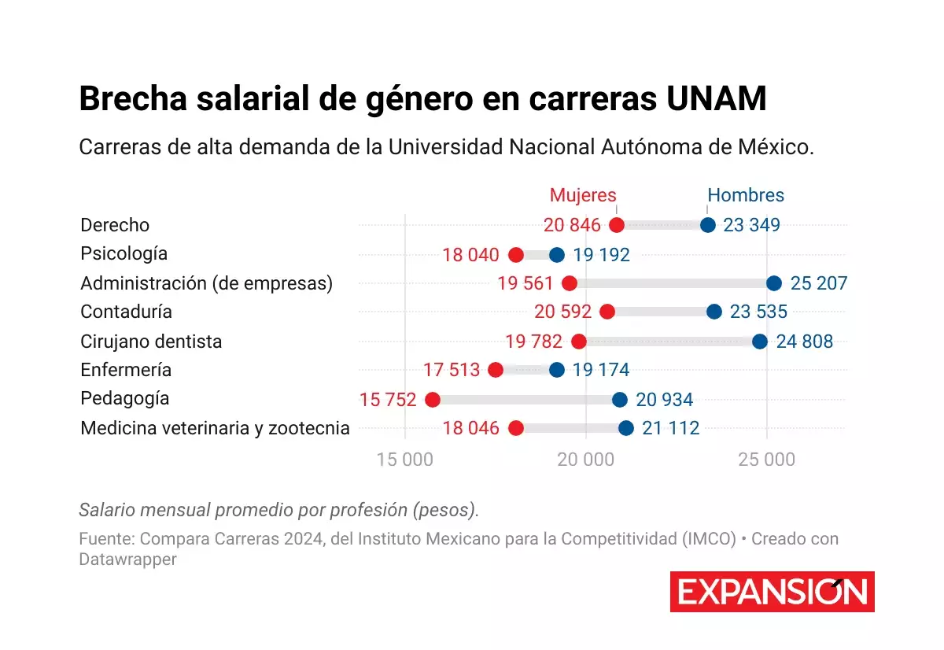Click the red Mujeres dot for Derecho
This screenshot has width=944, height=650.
coord(617,225)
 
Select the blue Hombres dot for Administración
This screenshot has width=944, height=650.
coord(774,283)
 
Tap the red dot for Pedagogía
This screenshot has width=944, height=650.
coord(433,400)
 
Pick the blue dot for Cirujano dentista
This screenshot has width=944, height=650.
coord(760,342)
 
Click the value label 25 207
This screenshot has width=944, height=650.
coord(819,283)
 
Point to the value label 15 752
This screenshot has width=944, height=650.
coord(388,400)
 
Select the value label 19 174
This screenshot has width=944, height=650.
coord(601,370)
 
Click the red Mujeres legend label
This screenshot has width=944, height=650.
coord(583,195)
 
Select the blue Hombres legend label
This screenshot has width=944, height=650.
coord(746,195)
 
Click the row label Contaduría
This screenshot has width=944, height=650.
coord(126,312)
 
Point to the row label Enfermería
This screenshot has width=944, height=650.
coord(126,370)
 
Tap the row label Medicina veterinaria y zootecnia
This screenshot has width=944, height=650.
coord(215,428)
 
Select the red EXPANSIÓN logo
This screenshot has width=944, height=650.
coord(772,592)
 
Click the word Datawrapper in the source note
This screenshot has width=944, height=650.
coord(127,560)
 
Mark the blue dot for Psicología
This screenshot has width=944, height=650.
coord(557,254)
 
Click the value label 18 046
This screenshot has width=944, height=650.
coord(470,428)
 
